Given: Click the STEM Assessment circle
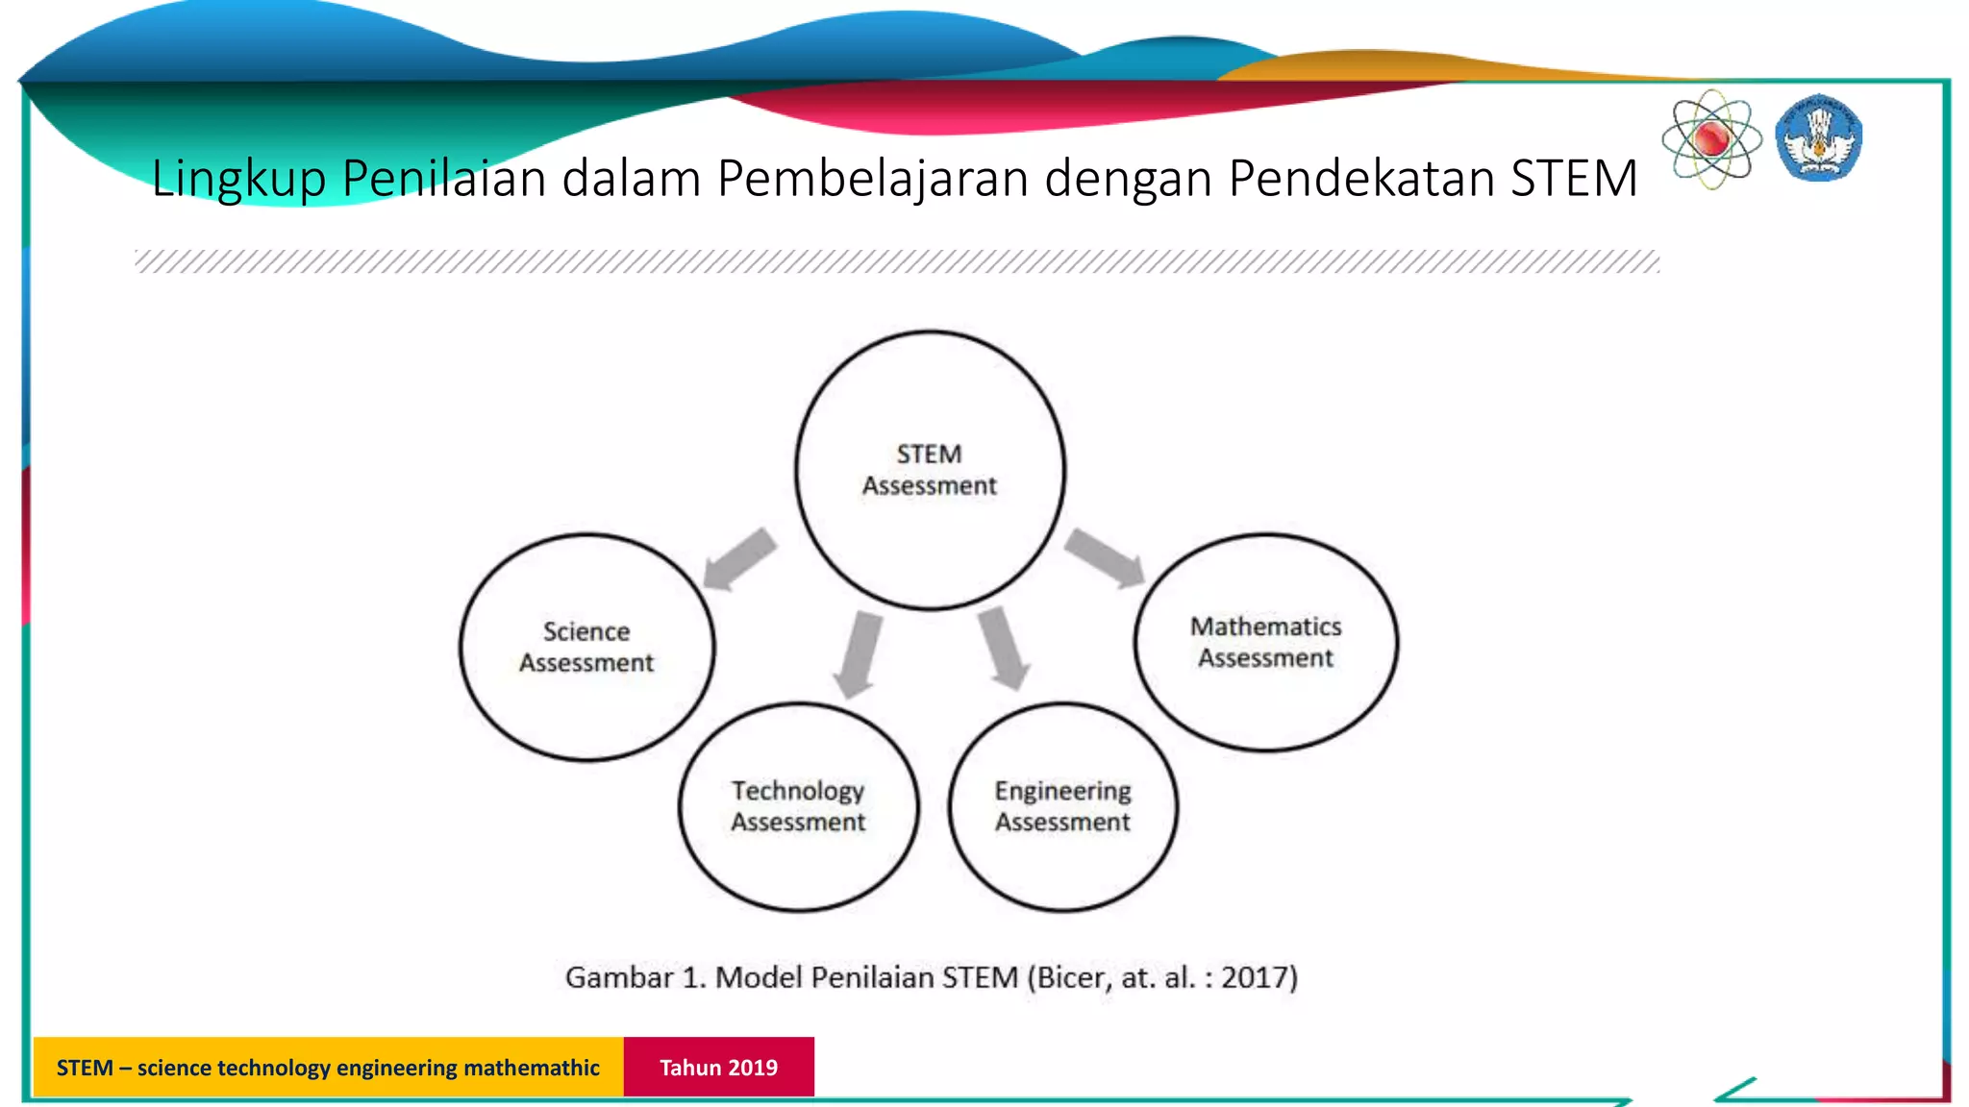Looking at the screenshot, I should click(930, 470).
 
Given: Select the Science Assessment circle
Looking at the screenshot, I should click(586, 647).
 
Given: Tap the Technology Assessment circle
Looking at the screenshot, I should click(798, 806).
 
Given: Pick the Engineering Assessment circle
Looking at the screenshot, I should click(1062, 806).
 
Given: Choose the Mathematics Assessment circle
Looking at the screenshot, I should click(1265, 642).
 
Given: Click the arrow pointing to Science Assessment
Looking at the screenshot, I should click(738, 559).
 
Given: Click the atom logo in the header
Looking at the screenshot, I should click(1711, 139).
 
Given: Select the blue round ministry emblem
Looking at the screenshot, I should click(1818, 138).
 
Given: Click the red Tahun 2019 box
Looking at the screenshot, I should click(718, 1067).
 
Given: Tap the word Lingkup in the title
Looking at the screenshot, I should click(238, 179).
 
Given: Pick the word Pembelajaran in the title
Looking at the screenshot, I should click(873, 179).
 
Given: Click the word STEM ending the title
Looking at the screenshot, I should click(1574, 179).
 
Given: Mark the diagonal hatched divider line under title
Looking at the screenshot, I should click(897, 261).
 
